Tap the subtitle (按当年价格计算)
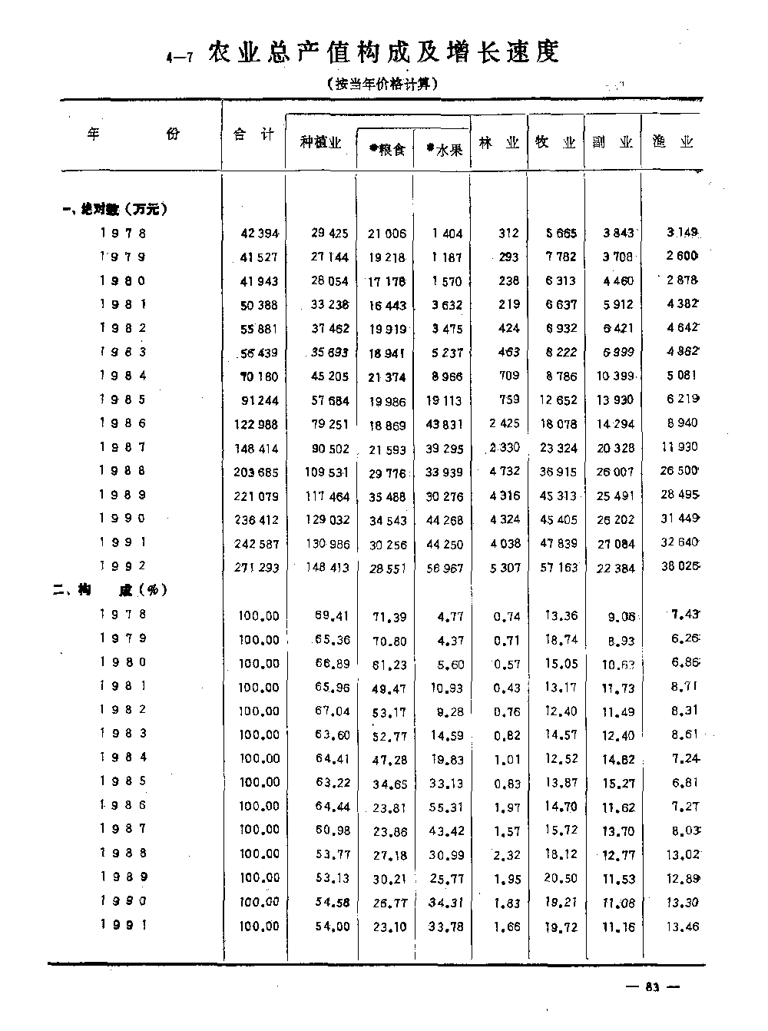(x=382, y=84)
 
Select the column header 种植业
(x=320, y=142)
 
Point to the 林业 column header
(x=498, y=142)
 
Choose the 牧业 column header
(x=555, y=142)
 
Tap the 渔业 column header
(x=672, y=142)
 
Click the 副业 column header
(x=612, y=142)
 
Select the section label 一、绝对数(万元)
(x=115, y=208)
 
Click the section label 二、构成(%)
(x=111, y=590)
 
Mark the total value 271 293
(x=256, y=568)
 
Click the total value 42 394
(x=259, y=233)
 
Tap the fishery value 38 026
(x=680, y=567)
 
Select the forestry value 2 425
(x=504, y=423)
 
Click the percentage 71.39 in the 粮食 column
(x=389, y=615)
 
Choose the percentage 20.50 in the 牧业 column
(x=561, y=877)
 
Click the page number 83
(x=653, y=987)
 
